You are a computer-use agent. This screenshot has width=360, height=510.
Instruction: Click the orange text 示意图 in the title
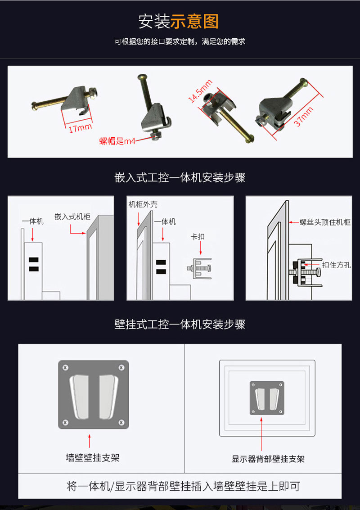(194, 21)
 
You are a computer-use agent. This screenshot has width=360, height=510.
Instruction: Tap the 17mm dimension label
(80, 128)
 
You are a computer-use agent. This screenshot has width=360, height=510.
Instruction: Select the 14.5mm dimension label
(200, 91)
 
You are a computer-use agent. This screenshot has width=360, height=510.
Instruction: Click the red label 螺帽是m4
(117, 141)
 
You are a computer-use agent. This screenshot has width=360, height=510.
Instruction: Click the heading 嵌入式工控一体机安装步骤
(180, 177)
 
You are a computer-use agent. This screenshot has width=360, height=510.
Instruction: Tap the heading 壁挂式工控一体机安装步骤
(180, 324)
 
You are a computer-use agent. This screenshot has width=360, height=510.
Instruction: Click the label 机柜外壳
(143, 205)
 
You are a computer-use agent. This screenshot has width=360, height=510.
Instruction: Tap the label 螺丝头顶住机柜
(325, 222)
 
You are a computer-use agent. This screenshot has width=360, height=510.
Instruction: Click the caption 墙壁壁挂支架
(92, 458)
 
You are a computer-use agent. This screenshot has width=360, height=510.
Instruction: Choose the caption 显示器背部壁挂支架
(268, 459)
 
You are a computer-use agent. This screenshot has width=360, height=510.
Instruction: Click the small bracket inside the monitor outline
(267, 398)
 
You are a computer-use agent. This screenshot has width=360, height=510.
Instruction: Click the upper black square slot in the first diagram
(33, 260)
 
